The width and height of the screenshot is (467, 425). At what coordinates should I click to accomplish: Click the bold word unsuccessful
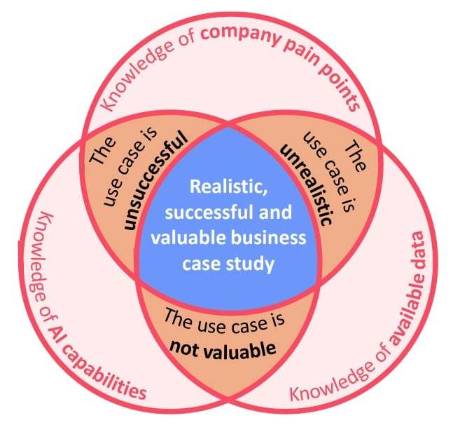coord(155,181)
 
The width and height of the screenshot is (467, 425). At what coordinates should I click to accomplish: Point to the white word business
coord(273,238)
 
